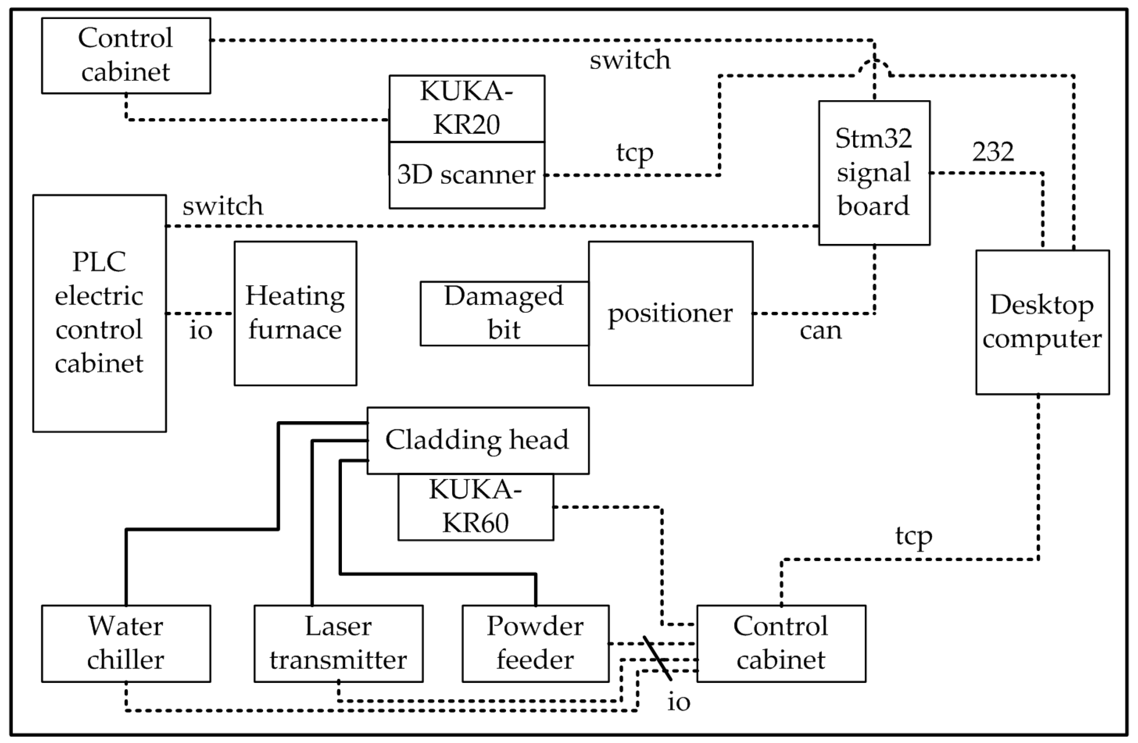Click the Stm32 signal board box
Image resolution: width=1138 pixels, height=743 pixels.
point(874,173)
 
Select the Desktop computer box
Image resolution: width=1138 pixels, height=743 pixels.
point(1042,322)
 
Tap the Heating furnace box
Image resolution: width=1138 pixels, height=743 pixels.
point(295,313)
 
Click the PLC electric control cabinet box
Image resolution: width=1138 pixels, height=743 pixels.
point(100,313)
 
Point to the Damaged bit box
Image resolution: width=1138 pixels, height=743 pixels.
point(504,313)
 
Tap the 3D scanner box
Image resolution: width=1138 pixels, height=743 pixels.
point(466,175)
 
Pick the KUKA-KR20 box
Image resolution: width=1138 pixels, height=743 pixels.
point(466,108)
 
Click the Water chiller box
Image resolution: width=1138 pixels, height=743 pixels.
point(126,643)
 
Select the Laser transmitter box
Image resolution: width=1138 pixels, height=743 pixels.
point(338,643)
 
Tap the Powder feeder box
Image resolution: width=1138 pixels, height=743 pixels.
point(535,643)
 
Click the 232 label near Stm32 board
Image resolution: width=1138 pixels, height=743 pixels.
point(993,152)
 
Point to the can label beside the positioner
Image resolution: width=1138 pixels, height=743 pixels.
point(820,331)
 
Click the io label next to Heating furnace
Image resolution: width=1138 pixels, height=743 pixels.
point(200,331)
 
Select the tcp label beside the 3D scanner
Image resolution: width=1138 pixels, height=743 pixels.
point(634,153)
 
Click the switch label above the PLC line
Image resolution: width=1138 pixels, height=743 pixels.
point(223,206)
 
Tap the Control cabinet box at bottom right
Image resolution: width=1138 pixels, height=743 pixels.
point(781,643)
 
